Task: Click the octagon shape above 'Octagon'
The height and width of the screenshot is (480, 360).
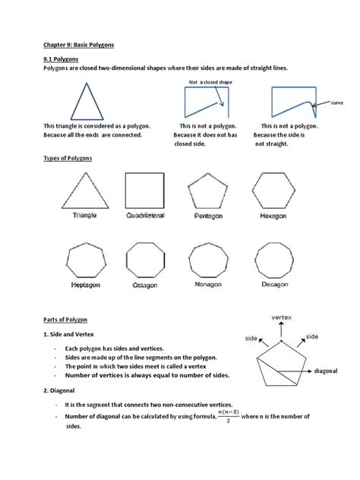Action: click(x=144, y=261)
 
